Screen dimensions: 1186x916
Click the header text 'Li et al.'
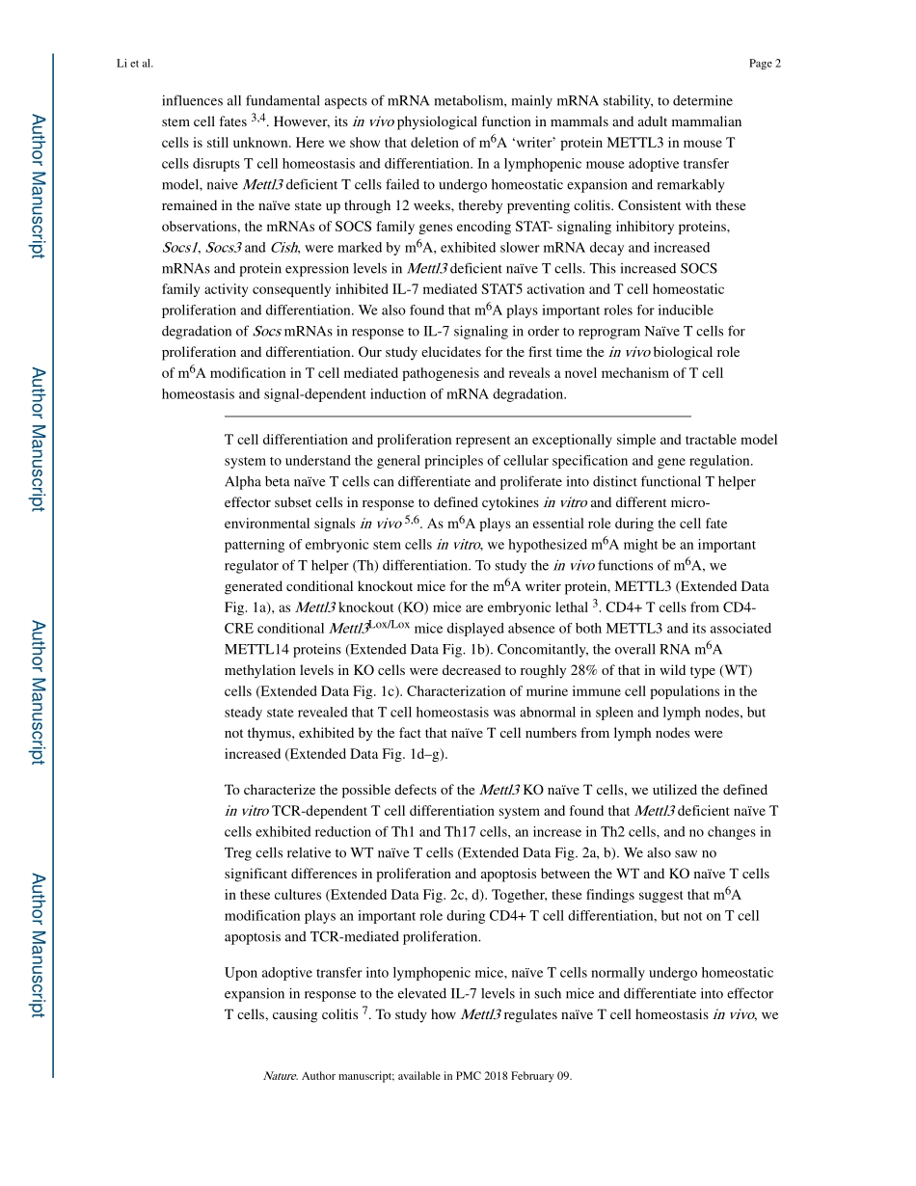coord(133,64)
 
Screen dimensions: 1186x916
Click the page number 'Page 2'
coord(764,64)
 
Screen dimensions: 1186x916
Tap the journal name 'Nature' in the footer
coord(280,1076)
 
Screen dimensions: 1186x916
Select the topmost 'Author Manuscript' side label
coord(37,186)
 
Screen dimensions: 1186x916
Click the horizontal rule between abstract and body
coord(457,416)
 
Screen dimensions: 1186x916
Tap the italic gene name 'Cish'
coord(283,248)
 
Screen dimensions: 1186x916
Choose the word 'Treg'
coord(239,852)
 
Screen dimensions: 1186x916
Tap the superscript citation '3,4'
coord(259,118)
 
